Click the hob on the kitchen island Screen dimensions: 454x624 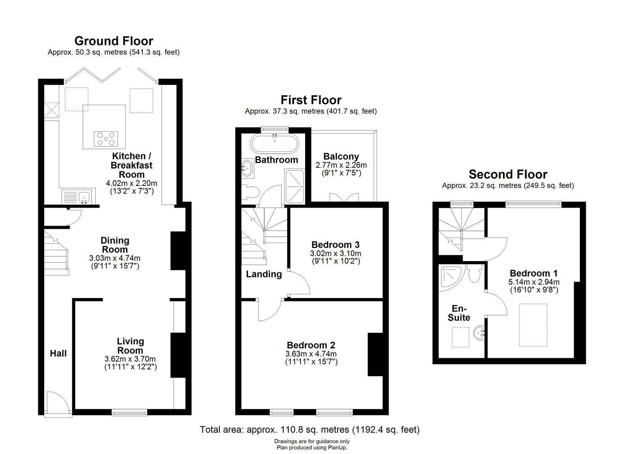[106, 139]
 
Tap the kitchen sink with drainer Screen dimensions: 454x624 [79, 197]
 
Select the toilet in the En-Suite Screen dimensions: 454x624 [475, 274]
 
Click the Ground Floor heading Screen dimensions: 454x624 [113, 41]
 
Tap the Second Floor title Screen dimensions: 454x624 [508, 174]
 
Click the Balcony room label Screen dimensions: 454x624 [341, 156]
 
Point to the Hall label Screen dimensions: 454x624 [58, 353]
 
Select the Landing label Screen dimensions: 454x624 [263, 274]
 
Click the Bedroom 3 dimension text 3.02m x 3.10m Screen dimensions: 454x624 [335, 253]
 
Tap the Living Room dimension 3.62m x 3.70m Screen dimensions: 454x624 [130, 359]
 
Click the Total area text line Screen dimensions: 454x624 [309, 430]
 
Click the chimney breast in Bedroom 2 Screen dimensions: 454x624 [375, 354]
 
